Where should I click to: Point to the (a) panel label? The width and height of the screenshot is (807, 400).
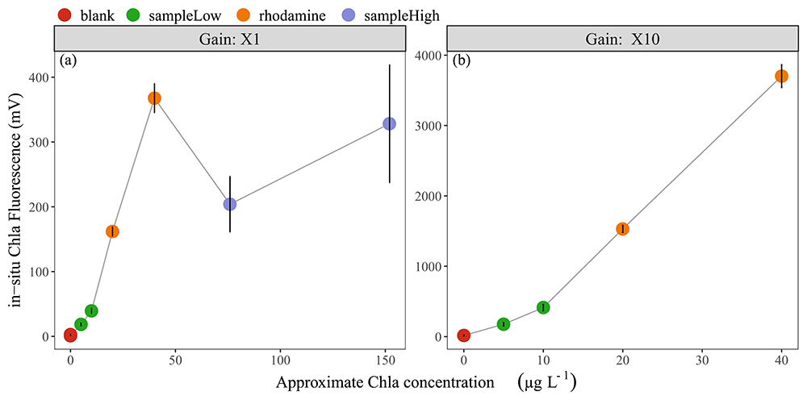coord(68,60)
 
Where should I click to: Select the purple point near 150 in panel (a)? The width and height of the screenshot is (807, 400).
coord(390,123)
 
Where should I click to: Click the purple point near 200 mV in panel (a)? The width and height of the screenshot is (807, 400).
coord(230,204)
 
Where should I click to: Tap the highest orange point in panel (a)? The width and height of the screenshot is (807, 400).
coord(154,98)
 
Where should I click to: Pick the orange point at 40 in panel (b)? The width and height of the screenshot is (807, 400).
coord(781,76)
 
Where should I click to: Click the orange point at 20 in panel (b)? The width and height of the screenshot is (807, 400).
coord(622,229)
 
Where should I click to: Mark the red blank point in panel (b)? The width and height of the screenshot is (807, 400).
coord(463,335)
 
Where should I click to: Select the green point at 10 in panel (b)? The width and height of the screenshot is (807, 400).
coord(543,307)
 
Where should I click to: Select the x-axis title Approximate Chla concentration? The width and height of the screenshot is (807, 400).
coord(385,382)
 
